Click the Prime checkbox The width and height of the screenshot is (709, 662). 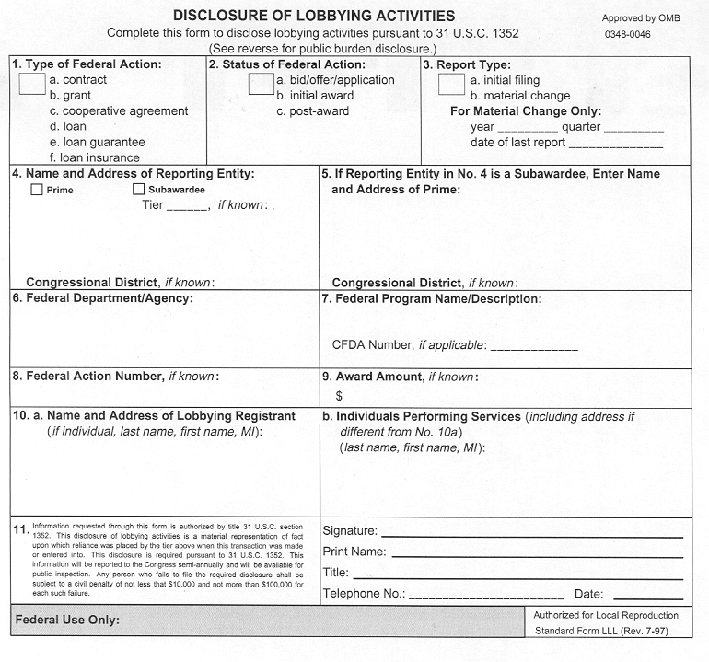tap(37, 190)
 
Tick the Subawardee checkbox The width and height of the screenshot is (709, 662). tap(139, 190)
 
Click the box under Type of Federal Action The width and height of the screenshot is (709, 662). tap(32, 84)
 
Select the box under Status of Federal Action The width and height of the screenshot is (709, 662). tap(262, 84)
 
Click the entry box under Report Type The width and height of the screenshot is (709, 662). tap(451, 84)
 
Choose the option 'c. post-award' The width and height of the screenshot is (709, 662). tap(312, 111)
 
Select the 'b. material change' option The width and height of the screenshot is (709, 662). tap(519, 96)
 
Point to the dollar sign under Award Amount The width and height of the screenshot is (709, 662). tap(339, 396)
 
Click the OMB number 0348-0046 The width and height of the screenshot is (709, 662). tap(627, 34)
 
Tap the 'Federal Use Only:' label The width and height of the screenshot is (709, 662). tap(67, 621)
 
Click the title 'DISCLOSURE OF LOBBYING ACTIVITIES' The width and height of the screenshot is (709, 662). tap(314, 16)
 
